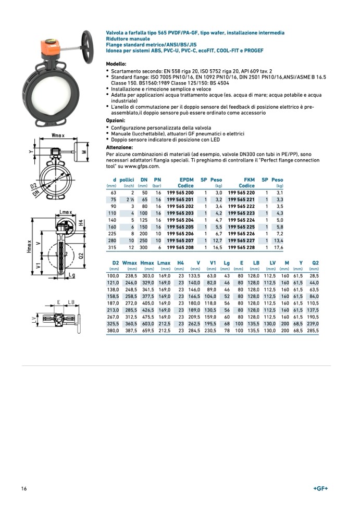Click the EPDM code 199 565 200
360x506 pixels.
pos(180,193)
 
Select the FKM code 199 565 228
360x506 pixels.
pos(241,247)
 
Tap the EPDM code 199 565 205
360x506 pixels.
pos(180,226)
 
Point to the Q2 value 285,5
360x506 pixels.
pos(313,330)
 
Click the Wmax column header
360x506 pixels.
pos(130,263)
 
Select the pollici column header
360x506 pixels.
pos(128,180)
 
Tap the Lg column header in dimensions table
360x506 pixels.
pos(227,263)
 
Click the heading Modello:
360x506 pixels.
pos(116,64)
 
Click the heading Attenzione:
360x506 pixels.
pos(119,148)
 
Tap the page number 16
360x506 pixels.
pos(24,489)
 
